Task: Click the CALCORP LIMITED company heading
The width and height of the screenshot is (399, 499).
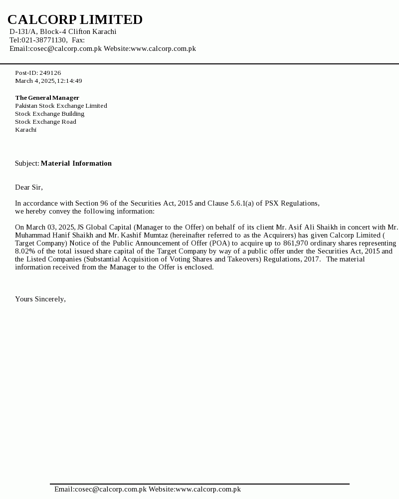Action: point(75,19)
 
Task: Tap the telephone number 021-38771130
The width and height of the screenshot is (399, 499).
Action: point(44,40)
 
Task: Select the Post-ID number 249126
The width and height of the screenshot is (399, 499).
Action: point(50,73)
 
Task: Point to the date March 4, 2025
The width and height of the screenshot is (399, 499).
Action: point(34,81)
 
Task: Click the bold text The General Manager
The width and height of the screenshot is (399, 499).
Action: point(47,98)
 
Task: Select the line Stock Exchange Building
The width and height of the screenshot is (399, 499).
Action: point(49,114)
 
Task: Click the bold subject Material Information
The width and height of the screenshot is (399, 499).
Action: point(76,163)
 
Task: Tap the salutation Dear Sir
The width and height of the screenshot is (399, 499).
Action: point(28,187)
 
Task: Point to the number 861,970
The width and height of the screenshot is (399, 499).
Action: point(299,243)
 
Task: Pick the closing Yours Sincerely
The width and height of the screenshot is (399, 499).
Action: point(40,299)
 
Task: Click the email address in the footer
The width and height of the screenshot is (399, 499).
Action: point(100,489)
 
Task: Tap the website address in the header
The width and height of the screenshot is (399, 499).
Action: point(163,48)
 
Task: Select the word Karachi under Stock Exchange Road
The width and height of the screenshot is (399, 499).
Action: point(25,130)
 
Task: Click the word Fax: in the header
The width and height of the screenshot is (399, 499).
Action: point(78,40)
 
